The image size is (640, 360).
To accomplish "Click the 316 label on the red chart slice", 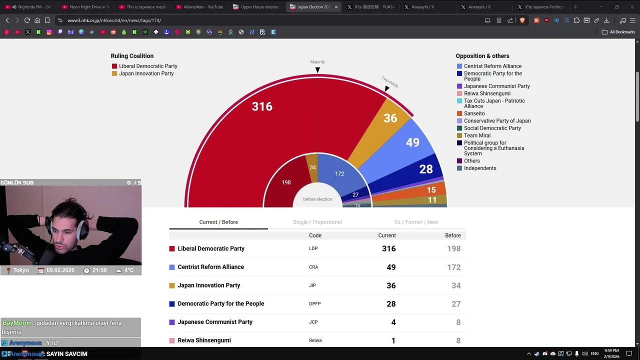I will [x=262, y=106].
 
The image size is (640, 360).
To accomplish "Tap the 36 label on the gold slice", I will [x=390, y=118].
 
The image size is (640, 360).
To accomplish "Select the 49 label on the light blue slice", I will [x=412, y=142].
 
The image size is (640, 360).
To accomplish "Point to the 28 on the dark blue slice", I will [x=426, y=169].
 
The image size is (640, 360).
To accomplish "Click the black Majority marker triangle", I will [x=317, y=70].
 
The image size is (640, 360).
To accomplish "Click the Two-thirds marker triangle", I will [x=387, y=88].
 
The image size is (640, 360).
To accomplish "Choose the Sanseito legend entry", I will [x=474, y=113].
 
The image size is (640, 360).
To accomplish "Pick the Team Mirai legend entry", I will [x=477, y=135].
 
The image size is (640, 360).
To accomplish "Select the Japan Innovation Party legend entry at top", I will [x=146, y=73].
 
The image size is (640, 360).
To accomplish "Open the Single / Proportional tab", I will [x=317, y=222].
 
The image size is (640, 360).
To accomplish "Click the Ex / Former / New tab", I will [x=416, y=222].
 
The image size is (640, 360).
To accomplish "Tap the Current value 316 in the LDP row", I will [x=388, y=248].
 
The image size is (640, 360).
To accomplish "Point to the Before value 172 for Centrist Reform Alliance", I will [x=453, y=267].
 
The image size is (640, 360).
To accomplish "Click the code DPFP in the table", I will [x=314, y=304].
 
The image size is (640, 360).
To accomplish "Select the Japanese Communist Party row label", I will [x=215, y=322].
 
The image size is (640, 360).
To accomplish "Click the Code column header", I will [x=315, y=235].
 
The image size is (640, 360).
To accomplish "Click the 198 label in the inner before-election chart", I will [x=286, y=182].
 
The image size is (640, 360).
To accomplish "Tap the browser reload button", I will [x=27, y=20].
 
